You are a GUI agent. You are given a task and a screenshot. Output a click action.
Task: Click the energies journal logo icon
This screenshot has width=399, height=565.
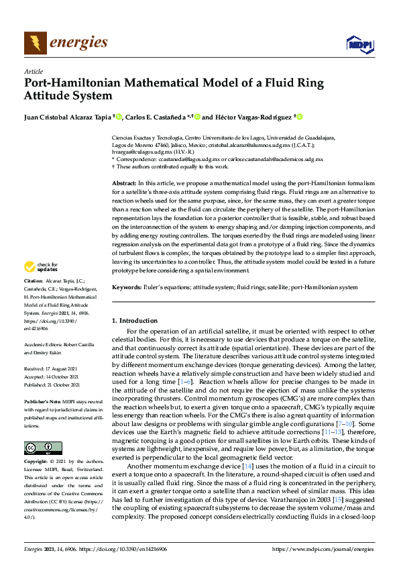coord(36,43)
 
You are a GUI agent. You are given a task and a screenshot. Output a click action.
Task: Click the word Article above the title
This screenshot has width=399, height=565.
coord(34,71)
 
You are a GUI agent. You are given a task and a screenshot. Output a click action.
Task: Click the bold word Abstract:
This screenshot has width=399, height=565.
coord(124,183)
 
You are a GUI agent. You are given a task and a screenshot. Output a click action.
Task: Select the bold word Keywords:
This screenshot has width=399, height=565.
coord(127,287)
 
